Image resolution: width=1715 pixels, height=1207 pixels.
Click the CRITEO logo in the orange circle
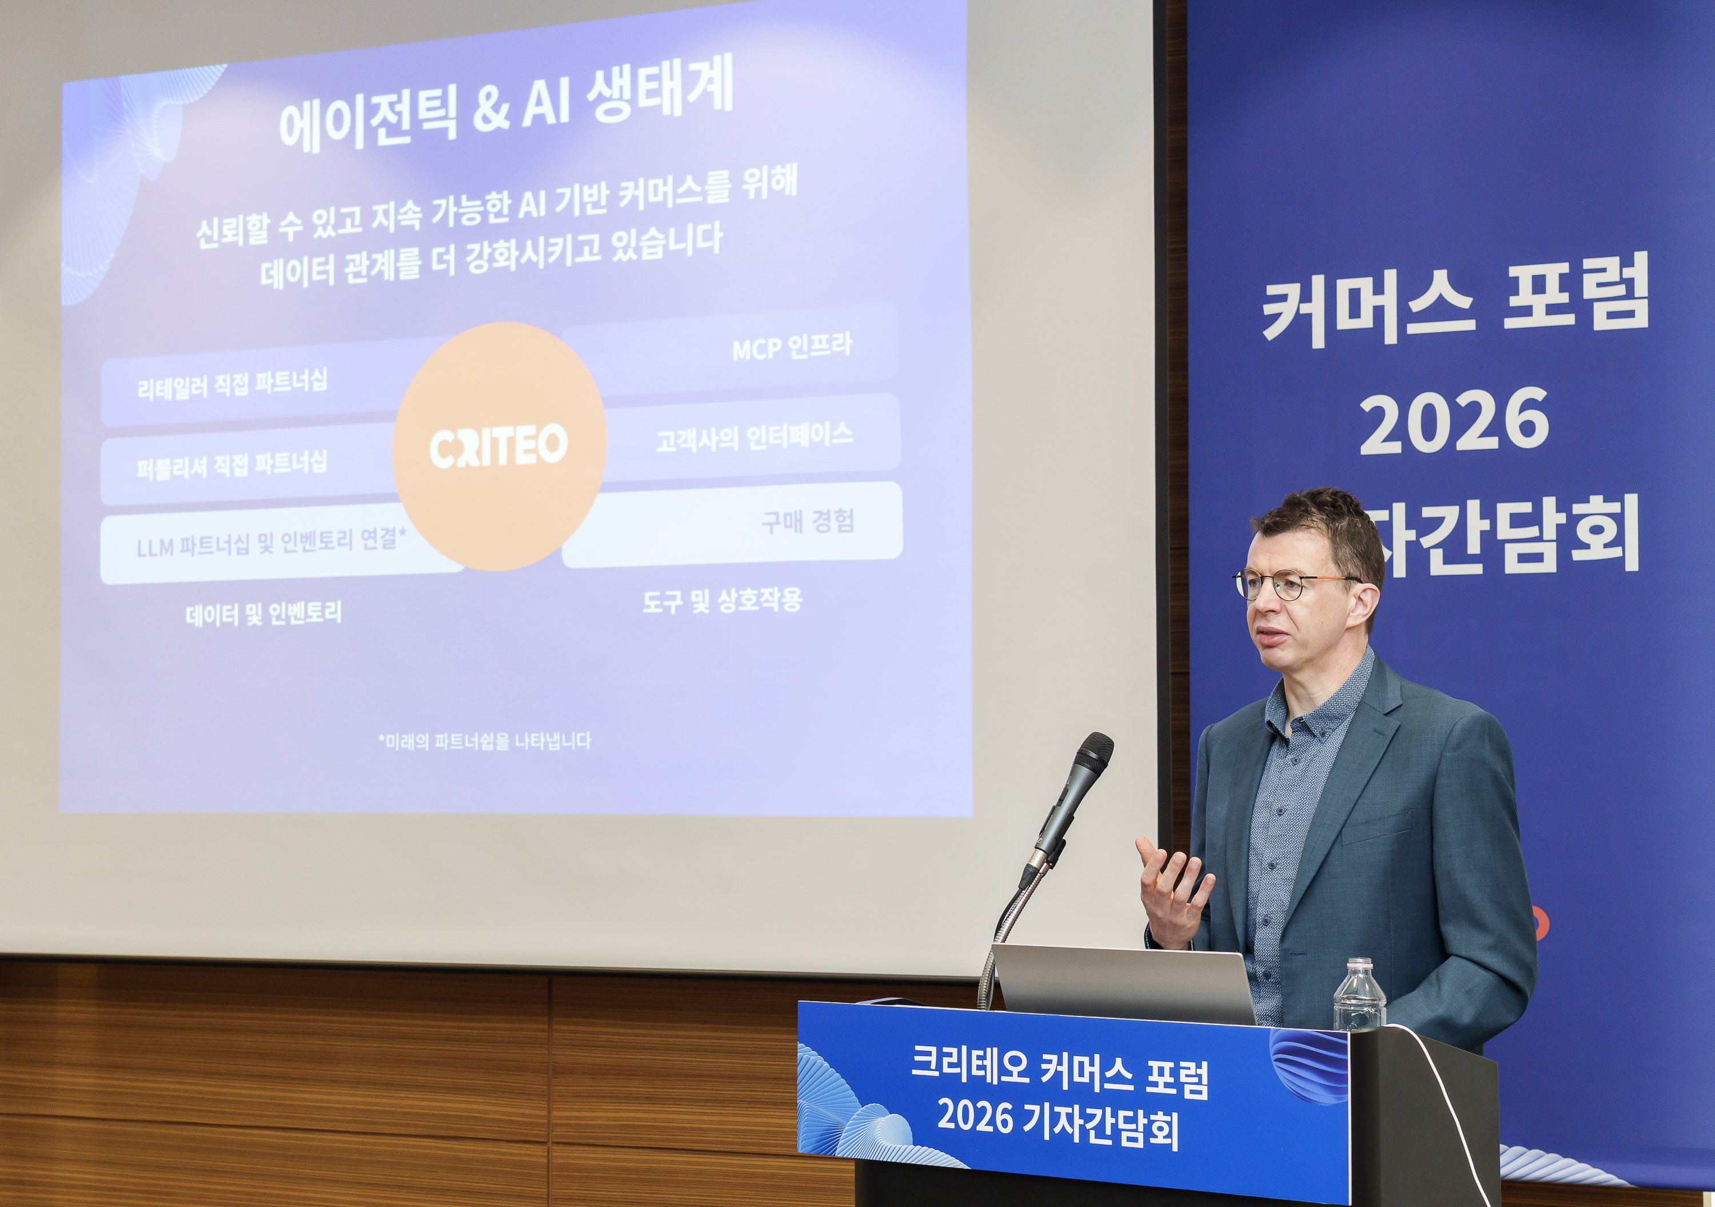(498, 447)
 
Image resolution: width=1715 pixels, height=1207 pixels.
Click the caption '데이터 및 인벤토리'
(264, 615)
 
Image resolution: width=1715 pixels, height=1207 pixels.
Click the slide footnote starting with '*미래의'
(485, 741)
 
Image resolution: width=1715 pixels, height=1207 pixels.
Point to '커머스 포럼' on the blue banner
(1455, 303)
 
